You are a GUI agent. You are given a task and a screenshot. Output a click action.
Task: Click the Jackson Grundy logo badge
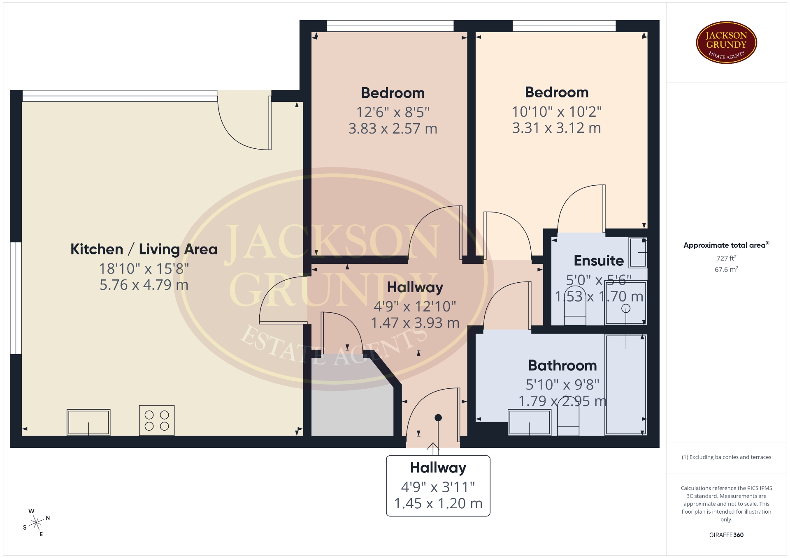click(x=726, y=43)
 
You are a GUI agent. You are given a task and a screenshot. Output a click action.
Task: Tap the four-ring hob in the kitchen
click(x=157, y=420)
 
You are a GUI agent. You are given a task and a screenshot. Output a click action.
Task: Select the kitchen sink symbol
click(x=88, y=422)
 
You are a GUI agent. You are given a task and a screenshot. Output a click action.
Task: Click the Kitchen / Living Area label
click(x=144, y=249)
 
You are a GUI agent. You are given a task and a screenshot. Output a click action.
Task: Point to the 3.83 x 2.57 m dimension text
click(x=393, y=129)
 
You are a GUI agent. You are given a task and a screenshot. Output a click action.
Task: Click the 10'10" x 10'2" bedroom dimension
click(x=557, y=111)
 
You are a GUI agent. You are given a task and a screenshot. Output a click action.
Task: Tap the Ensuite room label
click(x=599, y=260)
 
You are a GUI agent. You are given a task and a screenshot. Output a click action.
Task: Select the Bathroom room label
click(x=562, y=365)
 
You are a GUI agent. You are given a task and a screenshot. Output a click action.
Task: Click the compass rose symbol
click(x=37, y=523)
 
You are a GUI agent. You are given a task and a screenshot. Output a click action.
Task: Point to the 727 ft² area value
click(x=726, y=258)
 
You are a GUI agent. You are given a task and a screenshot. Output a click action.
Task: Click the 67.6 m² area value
click(x=726, y=270)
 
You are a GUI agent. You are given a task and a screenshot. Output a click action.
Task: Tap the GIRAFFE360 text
click(x=726, y=535)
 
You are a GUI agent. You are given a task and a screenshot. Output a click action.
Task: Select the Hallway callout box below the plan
click(x=438, y=486)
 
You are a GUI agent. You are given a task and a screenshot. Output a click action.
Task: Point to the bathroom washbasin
click(x=530, y=422)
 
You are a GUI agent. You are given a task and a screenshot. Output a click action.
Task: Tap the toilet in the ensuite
click(x=575, y=306)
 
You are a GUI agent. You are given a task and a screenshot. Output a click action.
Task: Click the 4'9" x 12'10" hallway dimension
click(x=415, y=306)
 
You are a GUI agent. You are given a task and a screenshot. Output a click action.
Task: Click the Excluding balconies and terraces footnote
click(x=726, y=457)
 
